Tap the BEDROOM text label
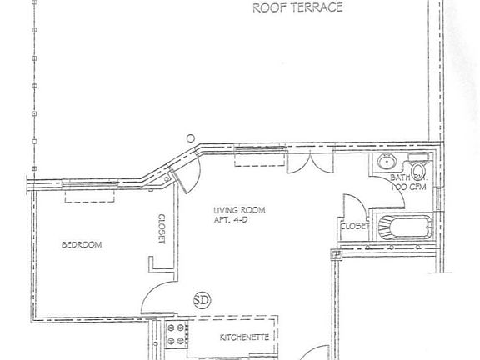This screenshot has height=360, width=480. [82, 244]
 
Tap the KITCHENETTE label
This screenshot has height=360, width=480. [243, 337]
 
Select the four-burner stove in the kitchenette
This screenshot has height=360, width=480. [176, 334]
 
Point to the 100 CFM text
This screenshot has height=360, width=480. [405, 187]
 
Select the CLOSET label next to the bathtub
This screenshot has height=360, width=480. [353, 225]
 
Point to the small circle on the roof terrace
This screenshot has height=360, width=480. [191, 138]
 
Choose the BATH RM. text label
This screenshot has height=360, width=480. [405, 177]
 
